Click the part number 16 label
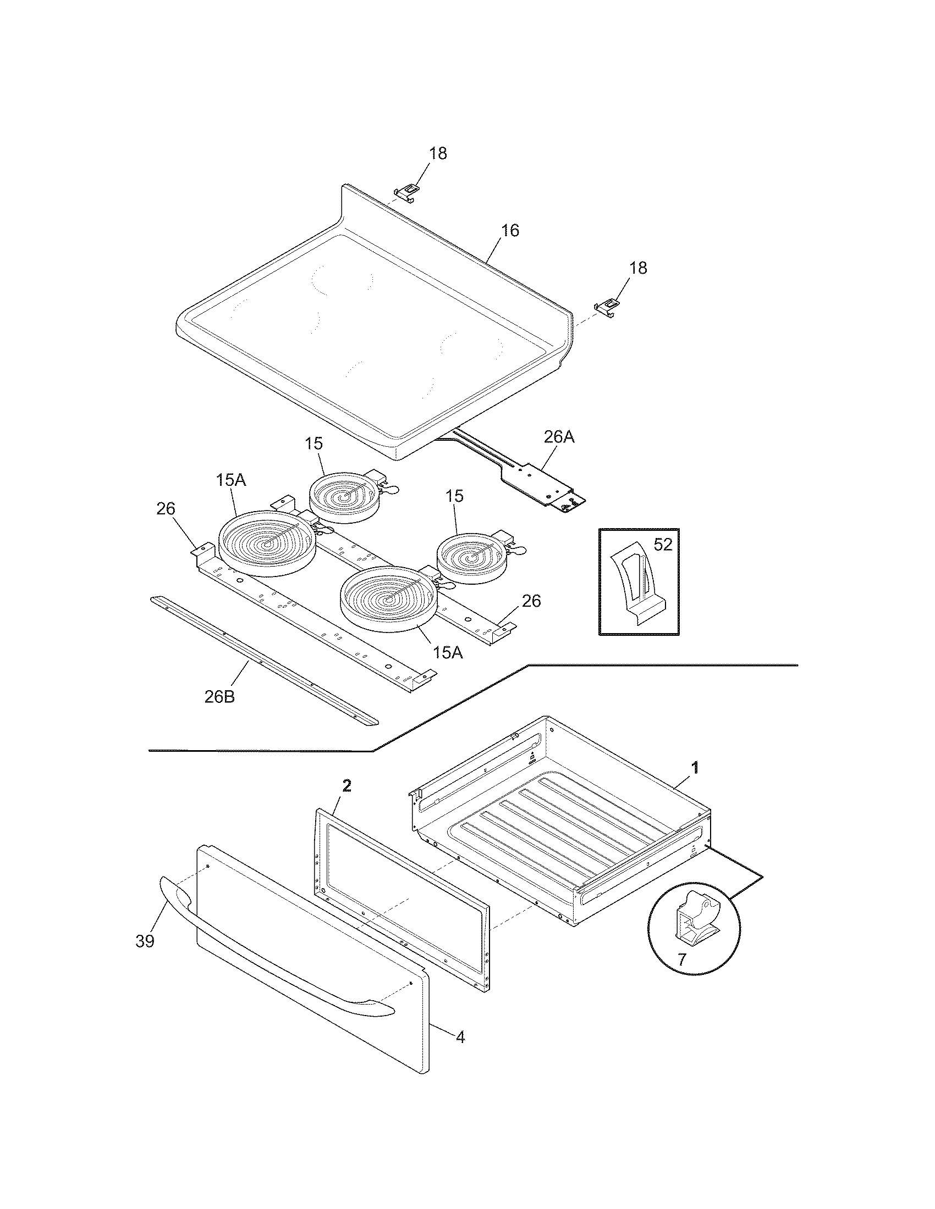click(510, 230)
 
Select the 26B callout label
click(219, 696)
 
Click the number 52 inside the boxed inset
click(663, 545)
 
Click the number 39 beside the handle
click(145, 940)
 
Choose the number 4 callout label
click(460, 1036)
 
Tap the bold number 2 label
click(346, 786)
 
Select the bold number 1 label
click(695, 767)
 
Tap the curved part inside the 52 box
click(638, 589)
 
